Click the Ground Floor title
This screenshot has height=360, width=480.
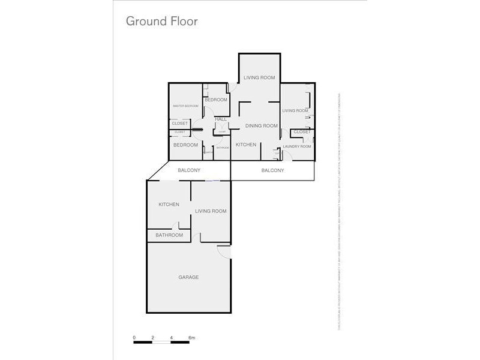[161, 21]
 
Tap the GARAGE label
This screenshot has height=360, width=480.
[188, 277]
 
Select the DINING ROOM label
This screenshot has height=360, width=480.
[262, 126]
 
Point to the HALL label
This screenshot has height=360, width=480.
[221, 119]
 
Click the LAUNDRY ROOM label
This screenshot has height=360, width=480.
[297, 146]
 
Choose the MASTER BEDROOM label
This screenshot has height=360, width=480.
[185, 106]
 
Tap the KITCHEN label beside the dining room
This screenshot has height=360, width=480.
[246, 145]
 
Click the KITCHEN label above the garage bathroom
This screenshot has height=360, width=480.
[169, 205]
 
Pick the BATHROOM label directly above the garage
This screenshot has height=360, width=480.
[169, 235]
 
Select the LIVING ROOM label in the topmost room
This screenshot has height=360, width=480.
[259, 77]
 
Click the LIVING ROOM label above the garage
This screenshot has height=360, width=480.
[211, 211]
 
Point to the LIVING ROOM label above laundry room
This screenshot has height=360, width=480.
[295, 111]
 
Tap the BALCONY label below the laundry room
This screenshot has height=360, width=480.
[273, 171]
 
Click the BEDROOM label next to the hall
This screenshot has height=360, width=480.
[216, 100]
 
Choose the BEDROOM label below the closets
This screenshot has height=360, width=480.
[185, 145]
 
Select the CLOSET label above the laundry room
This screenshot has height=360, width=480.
[302, 132]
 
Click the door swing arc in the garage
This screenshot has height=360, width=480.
[223, 253]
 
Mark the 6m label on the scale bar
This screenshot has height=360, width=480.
[192, 338]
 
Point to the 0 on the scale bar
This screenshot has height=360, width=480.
[134, 338]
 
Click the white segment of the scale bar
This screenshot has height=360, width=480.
[163, 343]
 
